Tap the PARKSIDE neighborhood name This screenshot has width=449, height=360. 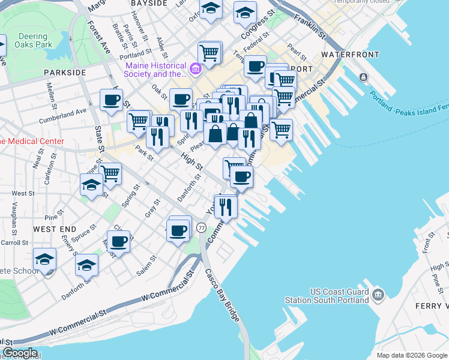coord(65,72)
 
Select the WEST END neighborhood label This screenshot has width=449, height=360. coord(55,229)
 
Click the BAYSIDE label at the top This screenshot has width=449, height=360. coord(148,3)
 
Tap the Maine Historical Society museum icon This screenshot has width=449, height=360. coord(195,70)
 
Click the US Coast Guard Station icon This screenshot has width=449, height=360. coord(378,295)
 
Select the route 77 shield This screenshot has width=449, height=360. coord(201,228)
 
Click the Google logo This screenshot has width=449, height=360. coord(19,353)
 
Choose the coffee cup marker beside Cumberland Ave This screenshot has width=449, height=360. coord(111,100)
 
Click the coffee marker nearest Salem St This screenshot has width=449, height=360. coord(119,241)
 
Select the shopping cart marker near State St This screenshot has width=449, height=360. coord(110,173)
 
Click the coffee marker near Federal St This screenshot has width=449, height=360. coord(255,66)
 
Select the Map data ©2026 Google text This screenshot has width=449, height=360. coord(412,355)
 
